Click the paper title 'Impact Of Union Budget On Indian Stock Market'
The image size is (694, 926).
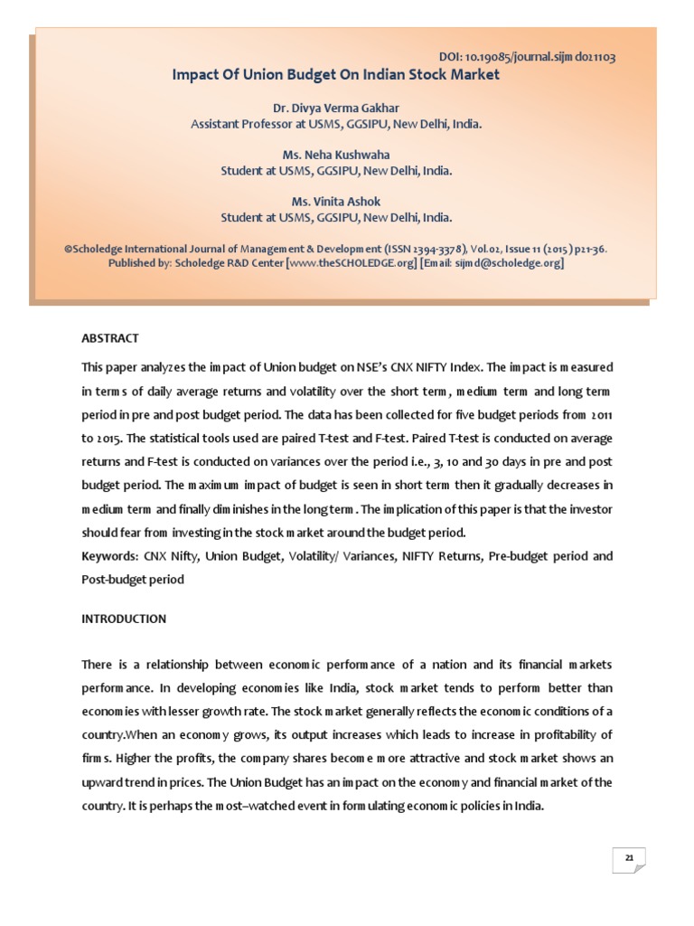coord(336,75)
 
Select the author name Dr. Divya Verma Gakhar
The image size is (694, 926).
coord(336,109)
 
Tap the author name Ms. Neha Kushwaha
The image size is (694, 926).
coord(336,155)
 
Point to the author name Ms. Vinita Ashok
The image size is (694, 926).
coord(336,201)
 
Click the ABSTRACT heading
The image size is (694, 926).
coord(110,338)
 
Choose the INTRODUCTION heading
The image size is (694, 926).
coord(124,619)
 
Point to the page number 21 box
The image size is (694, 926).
coord(628,860)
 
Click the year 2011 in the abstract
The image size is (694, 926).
coord(601,413)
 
